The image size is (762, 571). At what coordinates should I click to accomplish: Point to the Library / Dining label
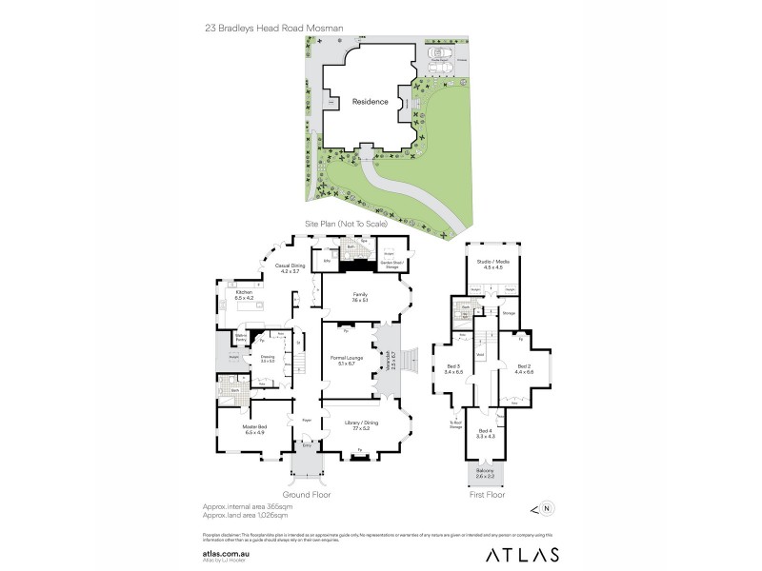point(357,427)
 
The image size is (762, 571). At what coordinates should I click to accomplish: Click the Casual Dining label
point(291,268)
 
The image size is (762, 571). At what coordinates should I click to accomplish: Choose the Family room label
point(358,297)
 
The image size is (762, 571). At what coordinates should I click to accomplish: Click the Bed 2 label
point(523,368)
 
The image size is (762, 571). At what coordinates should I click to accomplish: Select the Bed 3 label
point(453,369)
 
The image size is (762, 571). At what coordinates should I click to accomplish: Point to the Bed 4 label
point(486,433)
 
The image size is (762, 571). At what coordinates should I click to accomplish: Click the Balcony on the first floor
point(486,473)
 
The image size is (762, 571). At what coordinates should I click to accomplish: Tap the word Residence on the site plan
point(371,102)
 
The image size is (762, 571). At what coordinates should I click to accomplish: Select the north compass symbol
point(550,508)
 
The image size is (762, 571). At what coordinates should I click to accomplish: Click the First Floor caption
point(486,495)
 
